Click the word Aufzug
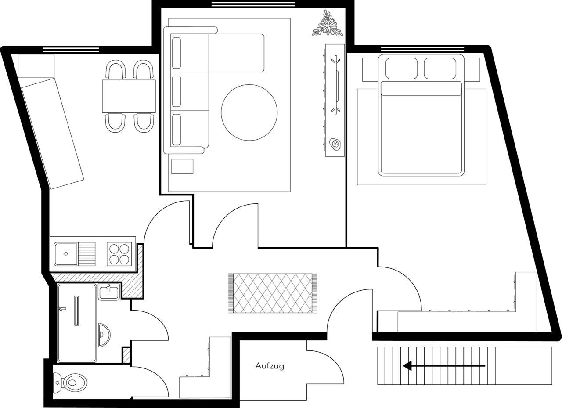(x=270, y=366)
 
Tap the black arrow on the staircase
(x=443, y=365)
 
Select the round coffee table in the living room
(x=249, y=112)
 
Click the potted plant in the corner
(x=327, y=24)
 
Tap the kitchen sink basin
(x=66, y=254)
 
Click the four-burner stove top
(x=119, y=254)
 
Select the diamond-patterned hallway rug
(x=273, y=293)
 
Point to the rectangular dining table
(x=129, y=96)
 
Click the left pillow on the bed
(x=401, y=68)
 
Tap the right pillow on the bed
(x=440, y=68)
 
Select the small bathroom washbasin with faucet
(x=108, y=292)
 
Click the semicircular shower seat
(x=104, y=335)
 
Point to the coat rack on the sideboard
(x=336, y=85)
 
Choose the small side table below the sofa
(x=182, y=166)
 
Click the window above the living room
(x=253, y=4)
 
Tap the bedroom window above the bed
(x=422, y=49)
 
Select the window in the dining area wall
(x=71, y=50)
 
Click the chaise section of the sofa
(x=236, y=53)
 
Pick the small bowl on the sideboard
(x=335, y=144)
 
